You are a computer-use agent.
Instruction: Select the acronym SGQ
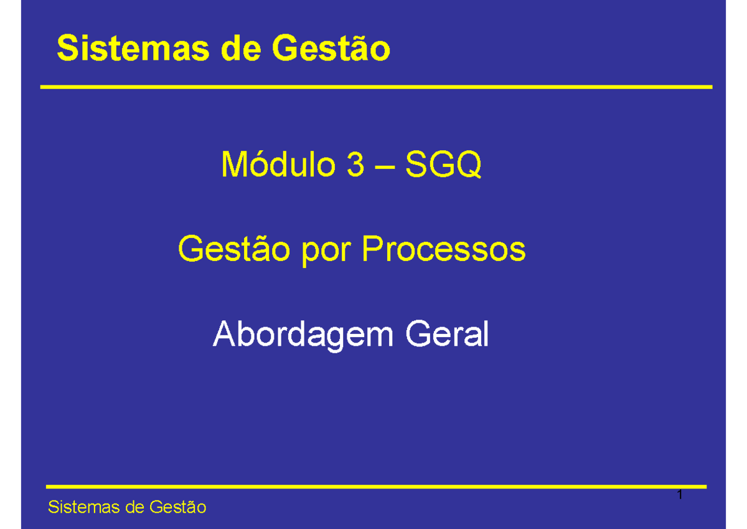pos(443,166)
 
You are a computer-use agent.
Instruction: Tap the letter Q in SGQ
pos(469,166)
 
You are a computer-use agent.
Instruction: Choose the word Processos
pos(444,250)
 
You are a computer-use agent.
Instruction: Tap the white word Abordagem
pos(303,336)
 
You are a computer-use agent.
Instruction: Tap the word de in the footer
pos(135,508)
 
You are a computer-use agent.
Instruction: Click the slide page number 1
pos(680,497)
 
